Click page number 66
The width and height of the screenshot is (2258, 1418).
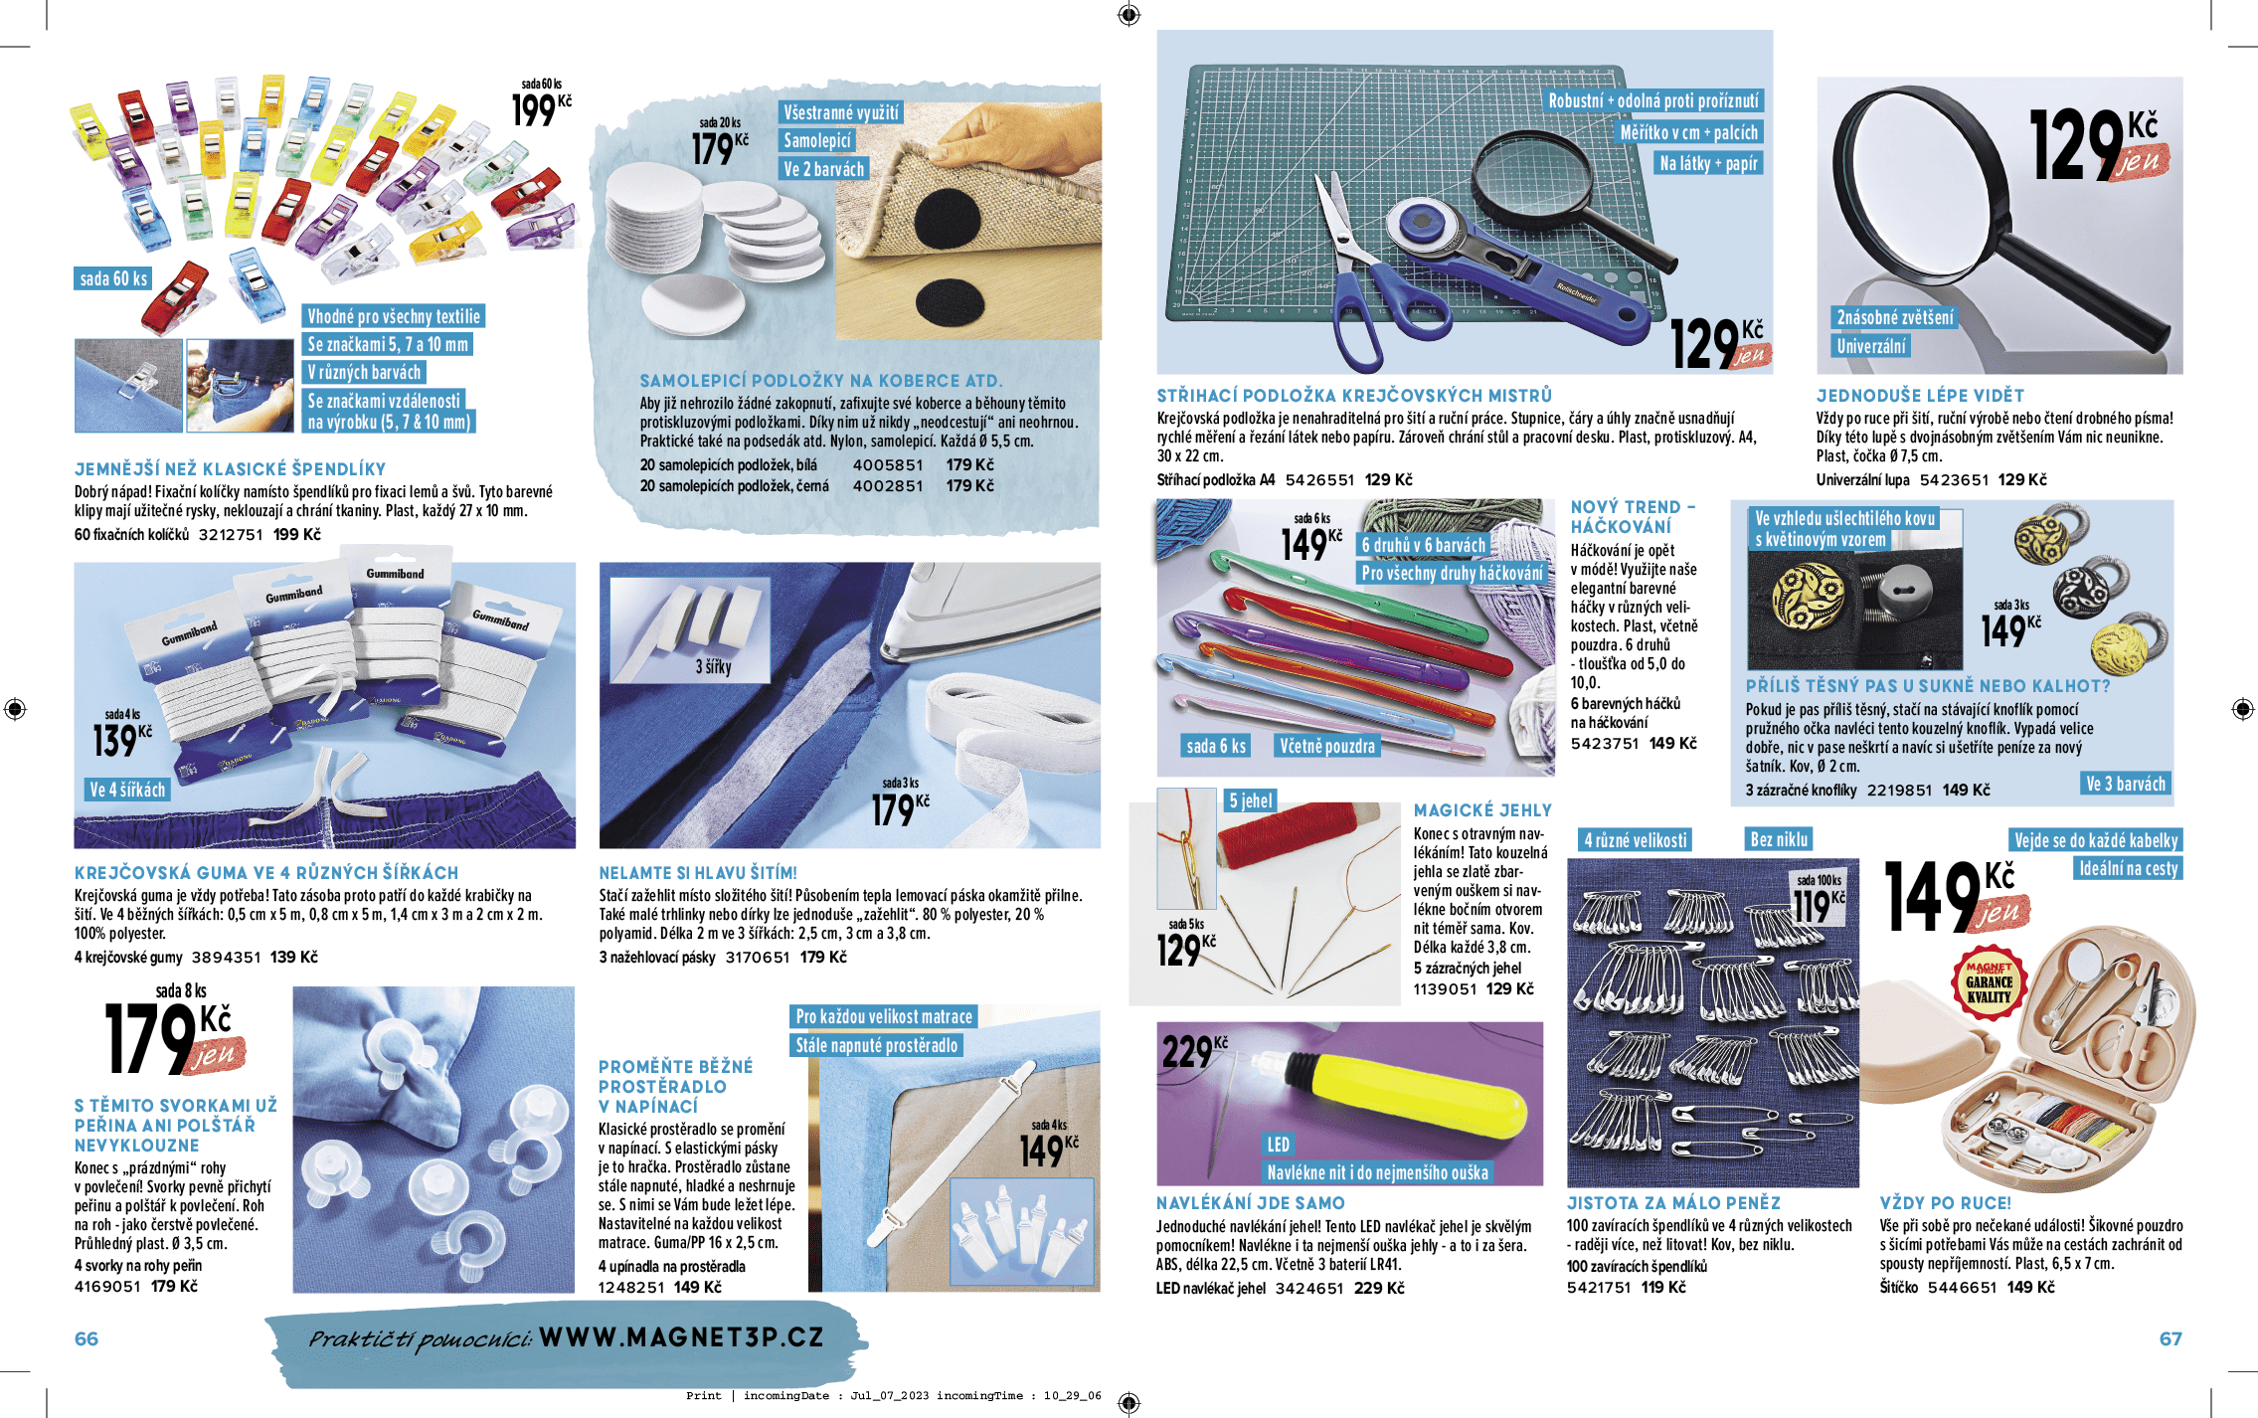tap(87, 1338)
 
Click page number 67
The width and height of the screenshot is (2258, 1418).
tap(2170, 1338)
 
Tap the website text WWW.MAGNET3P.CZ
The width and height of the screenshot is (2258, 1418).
tap(681, 1336)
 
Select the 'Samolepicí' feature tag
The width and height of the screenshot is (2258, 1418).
tap(816, 141)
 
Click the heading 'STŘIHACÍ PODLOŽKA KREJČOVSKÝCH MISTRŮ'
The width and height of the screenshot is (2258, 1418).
tap(1353, 396)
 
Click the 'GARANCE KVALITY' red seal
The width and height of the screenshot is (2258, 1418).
tap(1989, 982)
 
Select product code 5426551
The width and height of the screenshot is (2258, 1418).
tap(1319, 480)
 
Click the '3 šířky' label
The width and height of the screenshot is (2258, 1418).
tap(713, 667)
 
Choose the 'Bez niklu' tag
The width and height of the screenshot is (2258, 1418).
tap(1779, 839)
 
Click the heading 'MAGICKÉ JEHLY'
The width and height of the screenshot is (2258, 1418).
tap(1481, 810)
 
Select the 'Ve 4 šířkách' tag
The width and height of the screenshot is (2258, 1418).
tap(127, 790)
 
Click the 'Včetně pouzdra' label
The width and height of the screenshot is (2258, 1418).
tap(1326, 746)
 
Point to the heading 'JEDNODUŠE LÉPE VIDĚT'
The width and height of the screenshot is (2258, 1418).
tap(1919, 396)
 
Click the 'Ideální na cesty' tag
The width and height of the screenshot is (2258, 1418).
tap(2128, 868)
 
